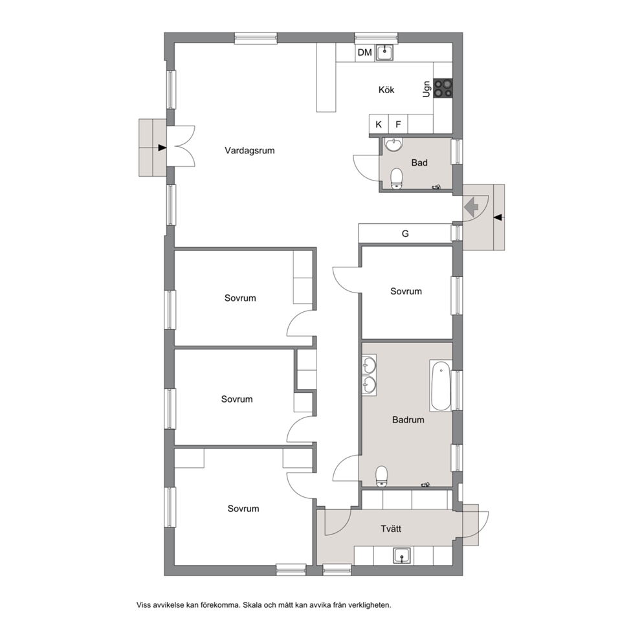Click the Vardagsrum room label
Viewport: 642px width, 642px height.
(249, 151)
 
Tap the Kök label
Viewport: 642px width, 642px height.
(386, 90)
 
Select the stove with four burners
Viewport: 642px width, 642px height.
(443, 88)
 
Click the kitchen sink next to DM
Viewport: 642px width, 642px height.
(384, 52)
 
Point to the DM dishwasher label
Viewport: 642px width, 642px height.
(365, 52)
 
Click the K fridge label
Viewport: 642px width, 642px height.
(379, 124)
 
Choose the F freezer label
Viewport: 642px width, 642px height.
(398, 124)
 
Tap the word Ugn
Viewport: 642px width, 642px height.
(426, 89)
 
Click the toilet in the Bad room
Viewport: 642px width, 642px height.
(396, 179)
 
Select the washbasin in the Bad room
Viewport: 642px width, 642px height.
(394, 144)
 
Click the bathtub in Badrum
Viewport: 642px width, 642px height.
(441, 386)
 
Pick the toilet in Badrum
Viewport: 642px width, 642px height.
(382, 476)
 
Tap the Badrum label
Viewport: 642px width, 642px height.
(408, 419)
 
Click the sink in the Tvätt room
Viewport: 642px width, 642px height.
(402, 556)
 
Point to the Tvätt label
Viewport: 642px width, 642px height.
(391, 529)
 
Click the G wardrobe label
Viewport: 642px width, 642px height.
(405, 234)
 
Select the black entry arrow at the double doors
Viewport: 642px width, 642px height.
(162, 148)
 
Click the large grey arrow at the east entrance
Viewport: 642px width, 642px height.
(472, 206)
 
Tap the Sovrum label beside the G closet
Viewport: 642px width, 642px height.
(406, 291)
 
